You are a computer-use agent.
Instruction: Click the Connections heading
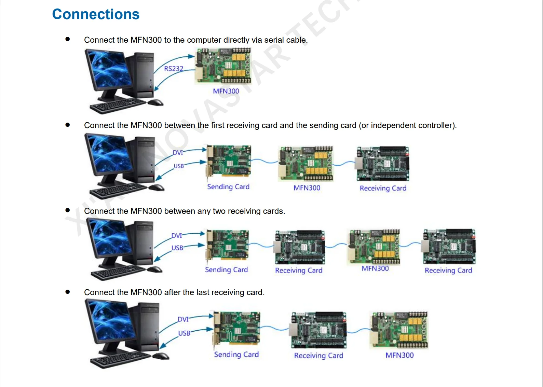click(x=96, y=14)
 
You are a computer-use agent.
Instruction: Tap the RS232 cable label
click(x=174, y=69)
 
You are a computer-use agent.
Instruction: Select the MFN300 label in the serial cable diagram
click(x=226, y=91)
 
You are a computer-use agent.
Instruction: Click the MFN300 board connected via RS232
click(x=223, y=66)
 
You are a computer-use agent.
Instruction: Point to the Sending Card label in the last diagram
click(x=236, y=355)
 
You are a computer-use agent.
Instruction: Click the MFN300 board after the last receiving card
click(x=399, y=330)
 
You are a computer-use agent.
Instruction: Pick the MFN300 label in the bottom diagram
click(x=399, y=355)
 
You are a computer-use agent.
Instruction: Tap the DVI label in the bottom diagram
click(x=183, y=319)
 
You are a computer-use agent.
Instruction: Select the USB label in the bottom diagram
click(x=184, y=333)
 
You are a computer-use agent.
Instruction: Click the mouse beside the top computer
click(x=156, y=102)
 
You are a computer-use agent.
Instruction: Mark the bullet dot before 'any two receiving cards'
click(x=68, y=210)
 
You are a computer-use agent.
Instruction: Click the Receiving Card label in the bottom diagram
click(x=318, y=356)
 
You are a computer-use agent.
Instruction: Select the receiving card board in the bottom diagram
click(x=318, y=330)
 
